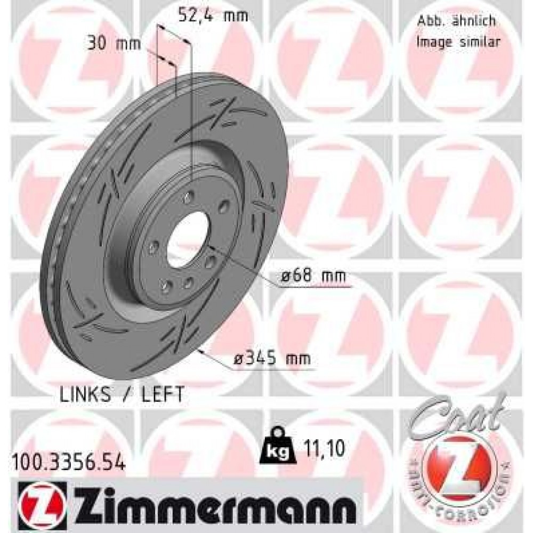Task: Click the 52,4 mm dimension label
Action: pos(213,16)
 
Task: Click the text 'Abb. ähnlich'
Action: pos(455,21)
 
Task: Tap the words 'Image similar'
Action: pos(458,42)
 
